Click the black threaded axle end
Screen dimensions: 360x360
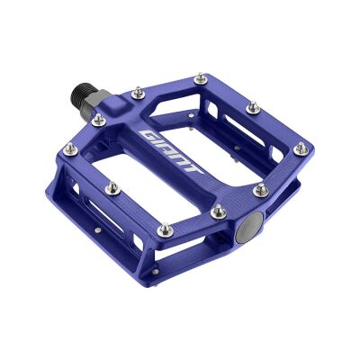click(x=80, y=94)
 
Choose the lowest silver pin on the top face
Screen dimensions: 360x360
click(x=217, y=212)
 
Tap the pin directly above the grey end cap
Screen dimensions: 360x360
click(x=259, y=191)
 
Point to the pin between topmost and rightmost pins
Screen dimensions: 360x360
click(x=253, y=107)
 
